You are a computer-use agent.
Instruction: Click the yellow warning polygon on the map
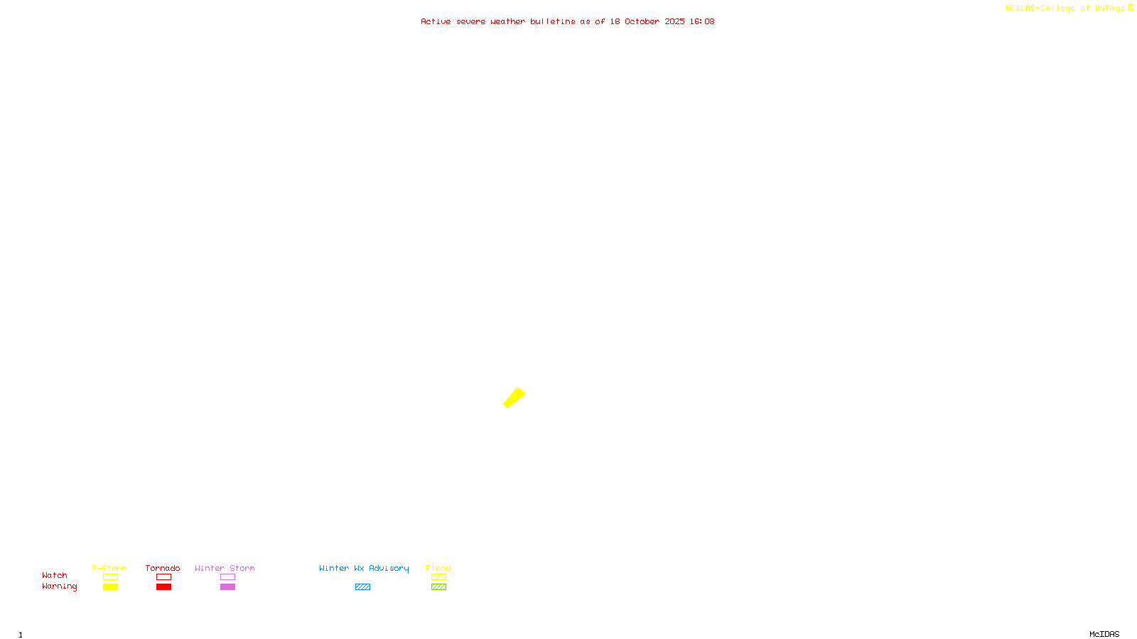(x=514, y=398)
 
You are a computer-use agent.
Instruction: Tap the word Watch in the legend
(x=55, y=576)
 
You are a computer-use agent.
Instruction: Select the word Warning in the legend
(x=59, y=586)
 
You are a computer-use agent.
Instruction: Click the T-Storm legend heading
(x=109, y=568)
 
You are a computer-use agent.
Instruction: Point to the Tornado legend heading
(x=163, y=568)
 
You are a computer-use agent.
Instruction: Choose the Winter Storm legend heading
(x=225, y=568)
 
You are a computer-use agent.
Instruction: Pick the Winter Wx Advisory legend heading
(x=364, y=568)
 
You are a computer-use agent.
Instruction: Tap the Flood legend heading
(x=438, y=568)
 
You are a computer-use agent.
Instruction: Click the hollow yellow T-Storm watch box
(x=110, y=577)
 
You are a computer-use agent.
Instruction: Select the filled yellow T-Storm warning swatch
(x=110, y=587)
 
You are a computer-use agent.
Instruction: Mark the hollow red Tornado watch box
(x=163, y=577)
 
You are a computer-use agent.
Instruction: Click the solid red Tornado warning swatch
(x=163, y=587)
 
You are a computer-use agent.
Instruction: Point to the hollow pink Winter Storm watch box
(x=227, y=577)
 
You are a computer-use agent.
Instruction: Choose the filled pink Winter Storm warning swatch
(x=227, y=587)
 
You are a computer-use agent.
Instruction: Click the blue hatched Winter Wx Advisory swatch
(x=362, y=587)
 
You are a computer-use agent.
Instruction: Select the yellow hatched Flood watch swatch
(x=438, y=577)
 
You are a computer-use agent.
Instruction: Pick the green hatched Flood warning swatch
(x=438, y=587)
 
